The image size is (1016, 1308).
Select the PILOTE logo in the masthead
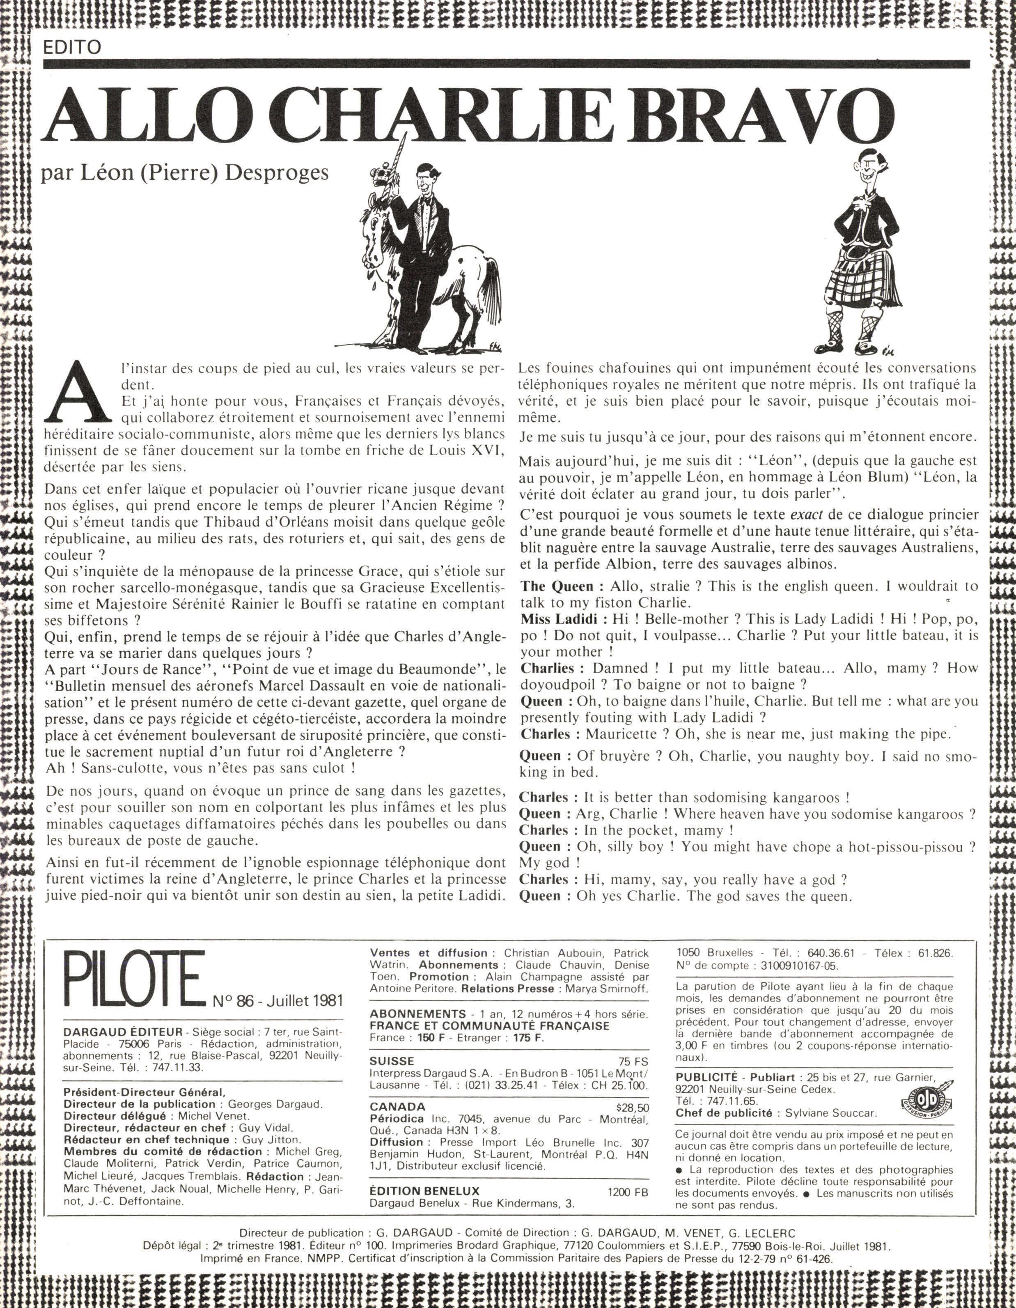133,980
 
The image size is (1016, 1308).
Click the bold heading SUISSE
392,1061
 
